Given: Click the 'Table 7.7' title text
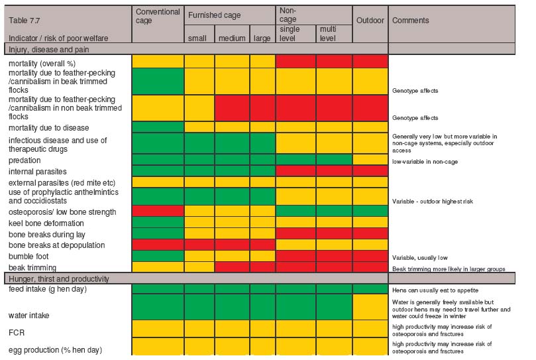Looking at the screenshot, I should click(23, 20).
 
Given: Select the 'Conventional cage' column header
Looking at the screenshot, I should click(157, 16).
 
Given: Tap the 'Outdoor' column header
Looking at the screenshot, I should click(370, 21).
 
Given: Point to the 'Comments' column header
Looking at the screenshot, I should click(411, 21).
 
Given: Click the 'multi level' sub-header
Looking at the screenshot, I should click(328, 34).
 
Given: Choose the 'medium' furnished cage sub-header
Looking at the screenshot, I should click(232, 38).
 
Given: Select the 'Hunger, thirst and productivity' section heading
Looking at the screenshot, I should click(56, 279).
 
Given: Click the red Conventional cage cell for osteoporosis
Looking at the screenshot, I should click(158, 212).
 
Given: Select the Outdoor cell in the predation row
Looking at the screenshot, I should click(370, 160).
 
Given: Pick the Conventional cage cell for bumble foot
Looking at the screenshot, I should click(158, 255).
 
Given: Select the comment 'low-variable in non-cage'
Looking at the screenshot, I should click(425, 161).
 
